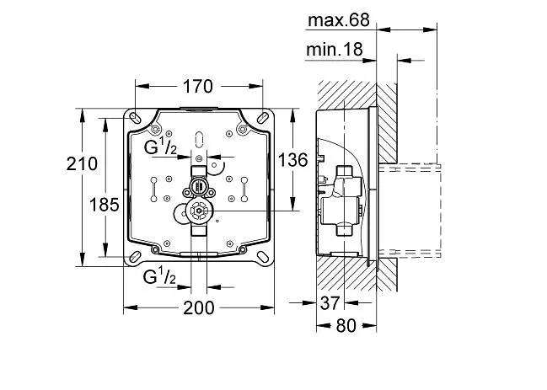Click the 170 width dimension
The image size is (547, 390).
coord(197,86)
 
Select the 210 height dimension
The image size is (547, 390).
coord(82,163)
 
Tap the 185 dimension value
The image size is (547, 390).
coord(105,205)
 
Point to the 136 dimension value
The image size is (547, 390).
coord(293,160)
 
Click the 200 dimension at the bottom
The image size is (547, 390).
coord(199,308)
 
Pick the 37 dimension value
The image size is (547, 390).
coord(330,303)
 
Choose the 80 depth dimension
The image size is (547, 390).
coord(346,326)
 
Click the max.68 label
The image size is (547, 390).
coord(338,20)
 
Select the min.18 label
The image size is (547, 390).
coord(335,50)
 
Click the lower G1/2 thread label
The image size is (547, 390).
coord(159,275)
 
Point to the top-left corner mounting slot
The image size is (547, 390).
coord(135,118)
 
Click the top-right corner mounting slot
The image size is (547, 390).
coord(263,117)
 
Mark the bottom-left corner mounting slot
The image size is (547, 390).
coord(135,257)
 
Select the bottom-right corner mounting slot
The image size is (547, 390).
coord(263,257)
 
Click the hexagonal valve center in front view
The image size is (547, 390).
coord(199,211)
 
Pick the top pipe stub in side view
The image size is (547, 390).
coord(344,172)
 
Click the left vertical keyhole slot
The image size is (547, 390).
coord(153,190)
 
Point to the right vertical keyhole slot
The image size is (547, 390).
coord(244,190)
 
